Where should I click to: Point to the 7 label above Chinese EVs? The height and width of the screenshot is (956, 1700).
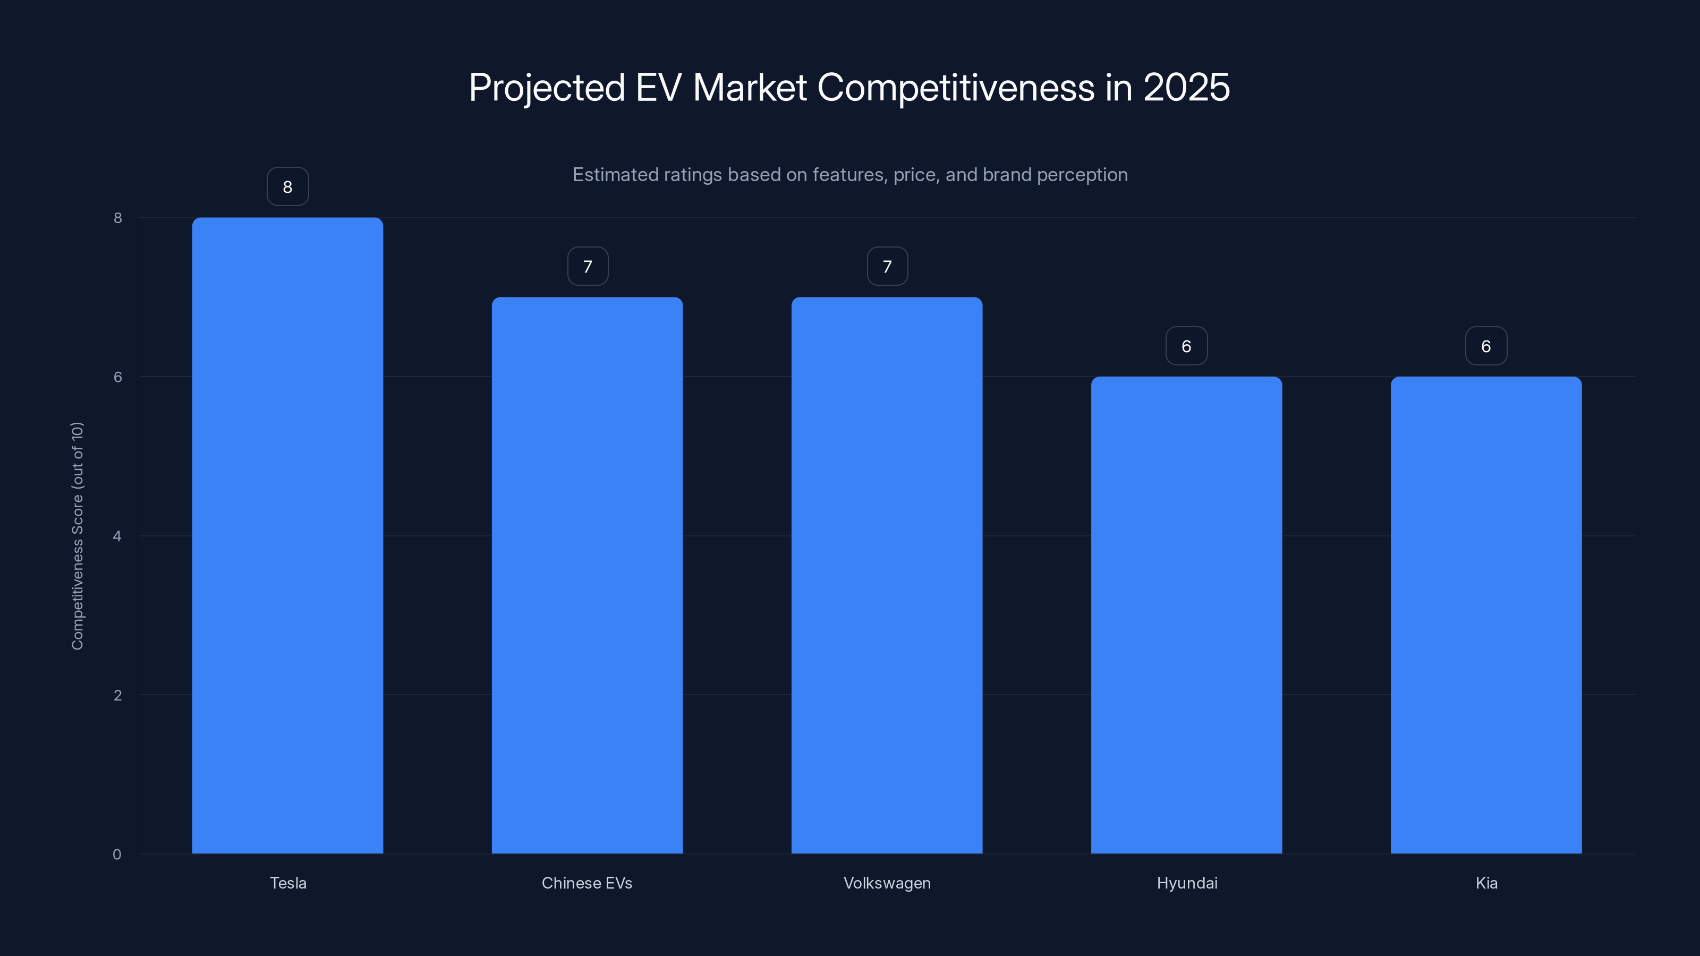[x=588, y=267]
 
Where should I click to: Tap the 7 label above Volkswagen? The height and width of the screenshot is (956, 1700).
[x=887, y=267]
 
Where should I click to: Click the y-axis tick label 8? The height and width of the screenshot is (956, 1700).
[x=117, y=218]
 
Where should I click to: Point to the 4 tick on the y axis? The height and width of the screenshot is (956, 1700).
[x=117, y=536]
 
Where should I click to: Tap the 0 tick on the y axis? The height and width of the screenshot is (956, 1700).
[x=117, y=855]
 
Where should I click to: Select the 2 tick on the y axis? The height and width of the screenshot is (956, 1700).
[x=117, y=695]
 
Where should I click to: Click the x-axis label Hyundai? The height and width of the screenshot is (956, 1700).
[x=1187, y=883]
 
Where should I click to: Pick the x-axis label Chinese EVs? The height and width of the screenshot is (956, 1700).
[x=586, y=883]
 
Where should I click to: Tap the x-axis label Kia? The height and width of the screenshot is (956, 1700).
[x=1486, y=883]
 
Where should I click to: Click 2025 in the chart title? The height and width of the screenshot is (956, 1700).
[x=1186, y=87]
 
